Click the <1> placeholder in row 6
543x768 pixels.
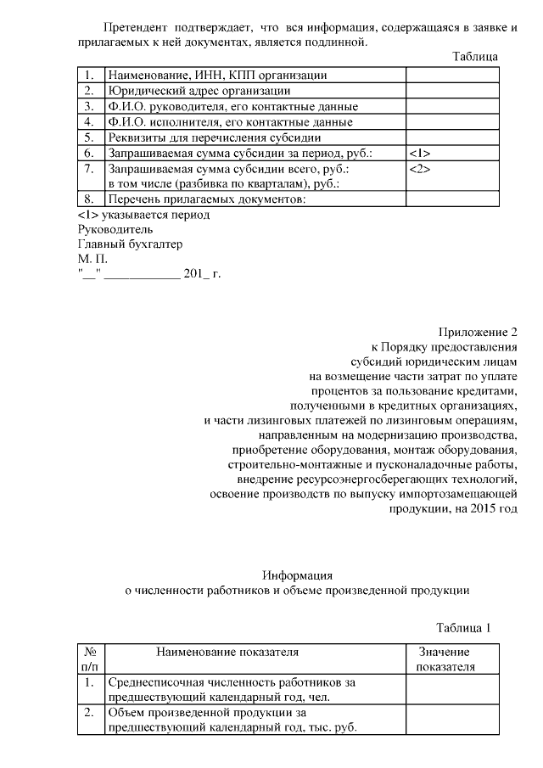tap(420, 154)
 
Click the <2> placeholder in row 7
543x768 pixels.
tap(420, 169)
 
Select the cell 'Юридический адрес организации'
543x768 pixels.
tap(198, 90)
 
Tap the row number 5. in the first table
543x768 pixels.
tap(89, 137)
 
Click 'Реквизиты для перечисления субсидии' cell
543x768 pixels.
tap(212, 137)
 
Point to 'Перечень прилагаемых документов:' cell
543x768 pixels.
tap(204, 199)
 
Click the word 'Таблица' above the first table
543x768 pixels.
tap(474, 57)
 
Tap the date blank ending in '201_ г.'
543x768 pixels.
tap(148, 274)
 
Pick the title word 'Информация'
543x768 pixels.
tap(297, 575)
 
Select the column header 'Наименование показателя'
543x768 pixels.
tap(227, 652)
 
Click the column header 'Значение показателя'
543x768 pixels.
tap(445, 659)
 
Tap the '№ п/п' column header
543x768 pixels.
tap(89, 659)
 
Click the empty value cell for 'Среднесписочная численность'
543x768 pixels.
tap(445, 690)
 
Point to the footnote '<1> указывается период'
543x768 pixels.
tap(143, 215)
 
